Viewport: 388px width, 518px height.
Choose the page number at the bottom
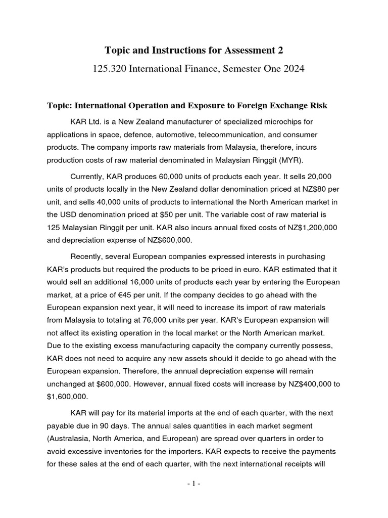(x=193, y=484)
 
